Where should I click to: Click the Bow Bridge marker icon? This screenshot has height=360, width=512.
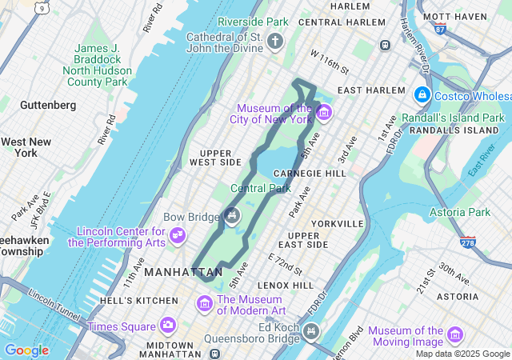232,214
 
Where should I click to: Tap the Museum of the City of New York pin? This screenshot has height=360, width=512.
323,112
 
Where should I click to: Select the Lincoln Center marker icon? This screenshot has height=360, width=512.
178,235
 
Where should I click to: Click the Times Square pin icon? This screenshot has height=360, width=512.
167,325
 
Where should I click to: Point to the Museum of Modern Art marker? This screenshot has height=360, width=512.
205,304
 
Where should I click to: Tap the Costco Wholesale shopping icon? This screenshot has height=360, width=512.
422,95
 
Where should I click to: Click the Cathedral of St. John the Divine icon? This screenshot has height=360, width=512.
275,41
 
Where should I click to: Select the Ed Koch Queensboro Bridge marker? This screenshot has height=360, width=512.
311,330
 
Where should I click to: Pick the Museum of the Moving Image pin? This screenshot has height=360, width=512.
455,334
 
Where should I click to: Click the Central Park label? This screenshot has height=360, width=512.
261,189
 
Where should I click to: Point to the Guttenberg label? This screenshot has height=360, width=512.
48,105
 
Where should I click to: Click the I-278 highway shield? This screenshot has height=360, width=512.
468,241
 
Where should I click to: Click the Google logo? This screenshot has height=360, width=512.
26,350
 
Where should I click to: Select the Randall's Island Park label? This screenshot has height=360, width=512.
465,118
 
